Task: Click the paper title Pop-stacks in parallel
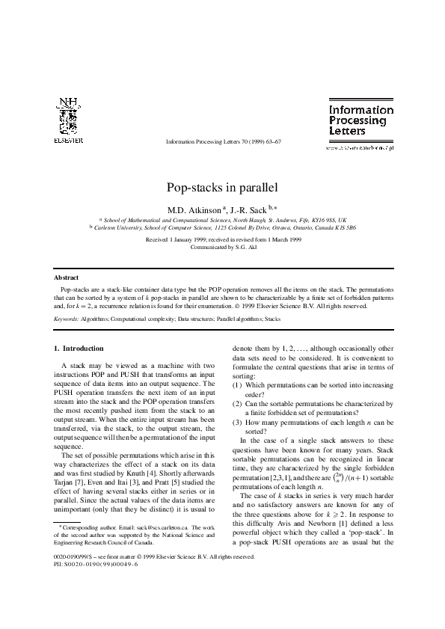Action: (x=221, y=187)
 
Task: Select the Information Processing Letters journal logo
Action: (x=361, y=120)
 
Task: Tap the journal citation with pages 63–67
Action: (x=223, y=142)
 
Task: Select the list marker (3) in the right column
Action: (x=236, y=422)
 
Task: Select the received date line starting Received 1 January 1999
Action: (x=223, y=239)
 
